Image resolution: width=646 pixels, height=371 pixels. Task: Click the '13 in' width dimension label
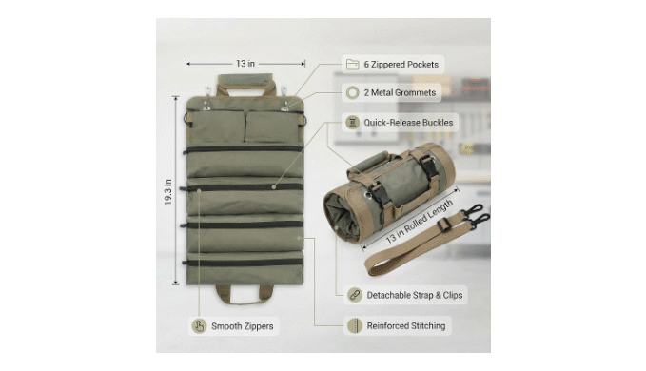(x=245, y=64)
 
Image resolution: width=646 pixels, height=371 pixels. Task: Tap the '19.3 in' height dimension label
(x=167, y=192)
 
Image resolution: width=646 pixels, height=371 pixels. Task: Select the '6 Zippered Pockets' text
(x=401, y=65)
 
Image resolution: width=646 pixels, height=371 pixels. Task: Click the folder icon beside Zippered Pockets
(x=352, y=65)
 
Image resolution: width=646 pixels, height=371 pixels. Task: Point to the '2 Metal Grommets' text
(x=400, y=92)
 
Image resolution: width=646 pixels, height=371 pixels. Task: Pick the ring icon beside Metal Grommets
(x=352, y=92)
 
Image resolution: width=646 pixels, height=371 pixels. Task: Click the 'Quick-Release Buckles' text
(x=408, y=123)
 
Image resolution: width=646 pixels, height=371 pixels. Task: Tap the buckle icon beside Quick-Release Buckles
(x=352, y=123)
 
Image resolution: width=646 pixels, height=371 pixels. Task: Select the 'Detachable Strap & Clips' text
(x=415, y=295)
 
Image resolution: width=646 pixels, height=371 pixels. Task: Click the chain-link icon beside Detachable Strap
(x=355, y=295)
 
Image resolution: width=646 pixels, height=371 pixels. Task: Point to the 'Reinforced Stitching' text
(x=406, y=326)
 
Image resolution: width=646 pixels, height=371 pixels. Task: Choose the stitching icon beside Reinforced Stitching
(x=355, y=325)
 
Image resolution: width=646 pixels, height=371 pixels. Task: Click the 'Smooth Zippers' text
(x=243, y=326)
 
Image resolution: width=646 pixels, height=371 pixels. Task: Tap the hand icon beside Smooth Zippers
(x=200, y=326)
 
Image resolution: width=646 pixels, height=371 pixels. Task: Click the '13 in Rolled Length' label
(x=419, y=221)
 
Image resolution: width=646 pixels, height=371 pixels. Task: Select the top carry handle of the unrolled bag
(x=246, y=81)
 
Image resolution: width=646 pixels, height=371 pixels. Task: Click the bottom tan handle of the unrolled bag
(x=245, y=295)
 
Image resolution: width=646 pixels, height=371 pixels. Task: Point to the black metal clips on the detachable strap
(x=477, y=215)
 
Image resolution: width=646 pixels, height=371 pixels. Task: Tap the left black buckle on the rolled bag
(x=381, y=197)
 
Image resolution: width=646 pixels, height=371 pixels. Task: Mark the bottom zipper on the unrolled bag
(x=243, y=263)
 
